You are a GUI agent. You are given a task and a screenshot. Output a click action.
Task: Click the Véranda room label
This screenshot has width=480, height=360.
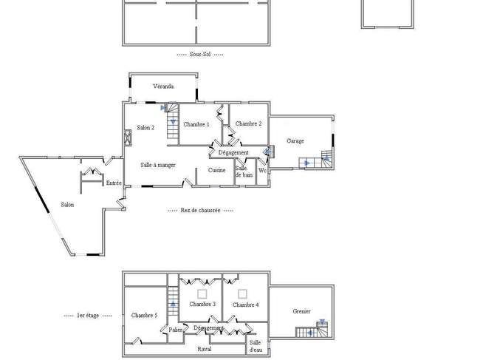click(x=163, y=86)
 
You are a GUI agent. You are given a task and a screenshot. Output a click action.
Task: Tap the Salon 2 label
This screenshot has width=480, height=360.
click(x=145, y=128)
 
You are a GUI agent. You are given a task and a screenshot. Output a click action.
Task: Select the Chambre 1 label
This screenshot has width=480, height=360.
click(x=196, y=124)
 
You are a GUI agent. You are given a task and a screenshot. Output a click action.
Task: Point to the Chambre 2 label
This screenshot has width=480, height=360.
click(x=249, y=123)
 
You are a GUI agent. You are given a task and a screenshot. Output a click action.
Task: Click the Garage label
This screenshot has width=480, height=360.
click(x=295, y=141)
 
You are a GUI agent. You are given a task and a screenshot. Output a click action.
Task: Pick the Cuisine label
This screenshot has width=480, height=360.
click(x=216, y=170)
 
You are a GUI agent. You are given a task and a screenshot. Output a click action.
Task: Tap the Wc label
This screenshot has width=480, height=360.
click(x=262, y=170)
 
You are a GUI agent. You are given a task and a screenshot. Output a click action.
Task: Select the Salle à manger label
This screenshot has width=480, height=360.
click(x=158, y=165)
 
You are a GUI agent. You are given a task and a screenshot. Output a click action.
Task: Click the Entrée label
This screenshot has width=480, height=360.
click(x=114, y=183)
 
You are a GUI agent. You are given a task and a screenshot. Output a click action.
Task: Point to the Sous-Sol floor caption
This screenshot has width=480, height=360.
click(x=200, y=54)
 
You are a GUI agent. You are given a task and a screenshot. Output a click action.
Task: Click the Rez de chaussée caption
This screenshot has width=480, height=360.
click(x=201, y=211)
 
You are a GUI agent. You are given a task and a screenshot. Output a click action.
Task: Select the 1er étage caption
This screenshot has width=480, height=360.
click(x=88, y=315)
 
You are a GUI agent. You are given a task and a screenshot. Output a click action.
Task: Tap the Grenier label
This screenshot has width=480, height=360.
click(x=301, y=311)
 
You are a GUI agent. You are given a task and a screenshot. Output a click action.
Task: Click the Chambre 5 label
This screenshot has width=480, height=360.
click(x=145, y=315)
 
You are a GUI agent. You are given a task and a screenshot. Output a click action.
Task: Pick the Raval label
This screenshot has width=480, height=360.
click(x=204, y=349)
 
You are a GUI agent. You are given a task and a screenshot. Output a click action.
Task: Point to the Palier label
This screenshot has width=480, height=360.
click(x=176, y=330)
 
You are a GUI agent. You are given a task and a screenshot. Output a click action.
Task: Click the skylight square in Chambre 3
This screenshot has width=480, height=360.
click(x=202, y=294)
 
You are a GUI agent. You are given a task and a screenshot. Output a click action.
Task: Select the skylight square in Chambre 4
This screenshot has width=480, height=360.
click(x=242, y=294)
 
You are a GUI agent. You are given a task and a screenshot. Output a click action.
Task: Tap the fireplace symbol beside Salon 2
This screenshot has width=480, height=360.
click(x=128, y=137)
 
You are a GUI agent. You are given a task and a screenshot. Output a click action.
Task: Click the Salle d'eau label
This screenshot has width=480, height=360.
click(x=256, y=346)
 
